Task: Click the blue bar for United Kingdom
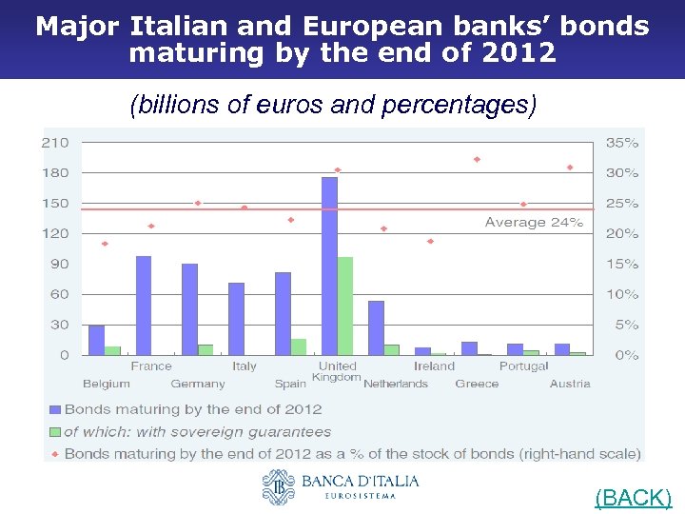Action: (329, 266)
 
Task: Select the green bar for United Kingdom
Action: (344, 306)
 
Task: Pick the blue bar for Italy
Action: (236, 318)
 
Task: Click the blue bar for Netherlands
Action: (376, 327)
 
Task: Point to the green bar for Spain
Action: (299, 346)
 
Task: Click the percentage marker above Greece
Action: (477, 160)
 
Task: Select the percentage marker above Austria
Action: (570, 168)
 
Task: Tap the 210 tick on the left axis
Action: (55, 143)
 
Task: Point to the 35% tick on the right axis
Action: (622, 143)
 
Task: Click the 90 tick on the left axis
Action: (59, 264)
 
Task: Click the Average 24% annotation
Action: (534, 223)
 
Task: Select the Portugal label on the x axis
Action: (523, 366)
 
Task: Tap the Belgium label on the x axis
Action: (107, 384)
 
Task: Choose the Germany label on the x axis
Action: (198, 384)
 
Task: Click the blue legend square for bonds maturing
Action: (54, 409)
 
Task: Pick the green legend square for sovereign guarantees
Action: (54, 432)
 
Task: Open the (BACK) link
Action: (633, 498)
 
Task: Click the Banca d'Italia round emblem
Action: (279, 486)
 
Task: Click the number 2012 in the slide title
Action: (519, 52)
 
